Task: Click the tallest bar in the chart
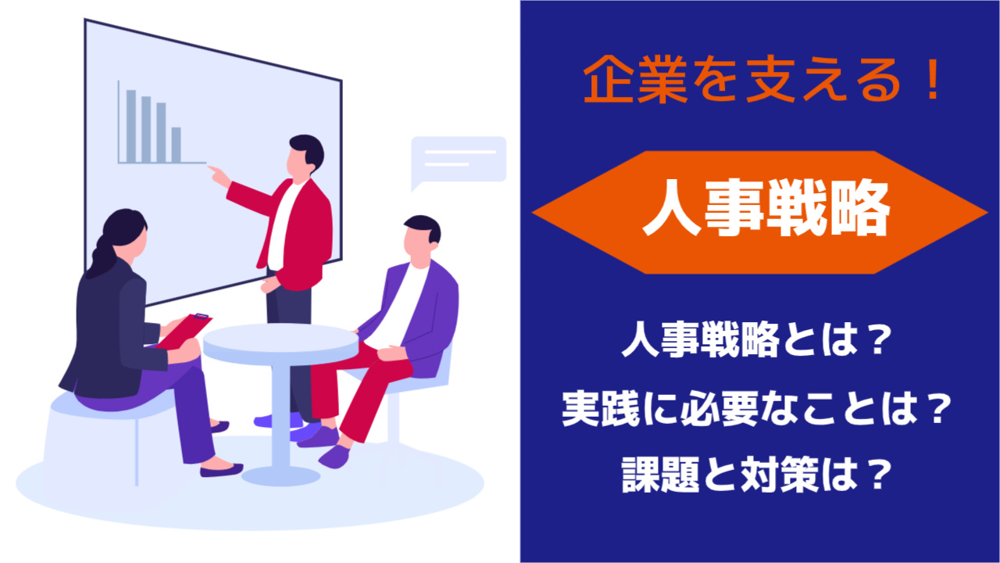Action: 131,127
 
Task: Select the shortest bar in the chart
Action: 177,145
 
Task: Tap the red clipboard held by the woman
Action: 184,331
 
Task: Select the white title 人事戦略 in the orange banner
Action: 766,207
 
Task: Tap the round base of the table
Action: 280,475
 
